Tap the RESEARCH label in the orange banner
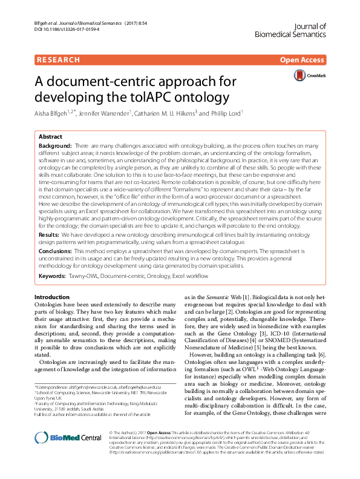point(58,59)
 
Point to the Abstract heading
point(51,137)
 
